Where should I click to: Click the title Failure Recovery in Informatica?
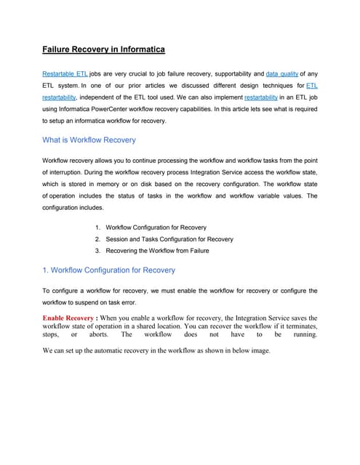(x=103, y=49)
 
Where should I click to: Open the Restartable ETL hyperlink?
(x=65, y=74)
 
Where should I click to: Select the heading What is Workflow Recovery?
(x=89, y=139)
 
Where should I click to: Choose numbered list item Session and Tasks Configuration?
(x=169, y=238)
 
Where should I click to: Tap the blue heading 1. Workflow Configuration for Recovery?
(x=108, y=270)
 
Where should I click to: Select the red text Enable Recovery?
(x=68, y=318)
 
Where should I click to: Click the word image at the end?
(x=257, y=351)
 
